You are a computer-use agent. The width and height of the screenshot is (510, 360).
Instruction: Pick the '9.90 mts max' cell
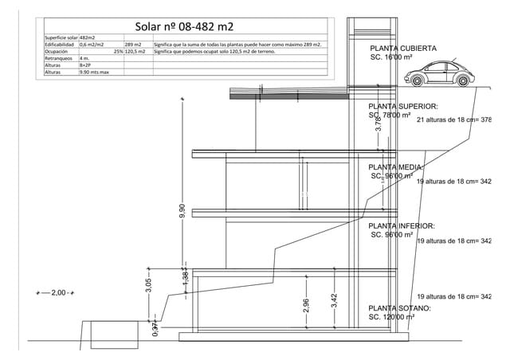click(x=95, y=72)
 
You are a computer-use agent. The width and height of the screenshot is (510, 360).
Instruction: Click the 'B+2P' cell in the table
click(x=86, y=65)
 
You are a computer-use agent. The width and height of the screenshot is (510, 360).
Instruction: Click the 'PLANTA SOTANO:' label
click(x=399, y=308)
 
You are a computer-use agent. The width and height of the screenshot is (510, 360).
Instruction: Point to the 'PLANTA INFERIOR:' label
click(x=401, y=226)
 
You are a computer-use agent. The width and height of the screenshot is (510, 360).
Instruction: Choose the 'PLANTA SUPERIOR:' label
click(x=403, y=106)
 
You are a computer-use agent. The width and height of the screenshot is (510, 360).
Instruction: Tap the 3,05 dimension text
click(x=149, y=285)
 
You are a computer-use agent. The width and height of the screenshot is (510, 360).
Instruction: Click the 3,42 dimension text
click(x=335, y=299)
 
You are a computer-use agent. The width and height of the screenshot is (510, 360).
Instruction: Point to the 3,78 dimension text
click(x=379, y=127)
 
